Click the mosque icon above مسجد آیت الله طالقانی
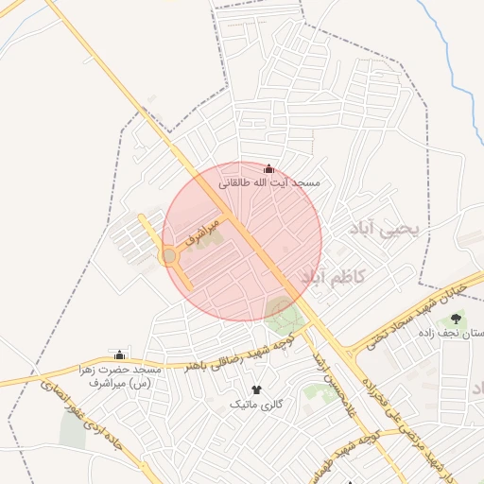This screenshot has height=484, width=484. [x=268, y=168]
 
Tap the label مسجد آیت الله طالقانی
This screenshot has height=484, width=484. [x=269, y=181]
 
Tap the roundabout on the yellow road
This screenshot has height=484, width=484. [x=169, y=256]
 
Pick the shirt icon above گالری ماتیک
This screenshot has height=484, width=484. [x=256, y=389]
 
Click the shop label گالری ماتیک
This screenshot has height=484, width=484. [x=256, y=404]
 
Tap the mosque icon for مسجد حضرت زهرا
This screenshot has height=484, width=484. [x=119, y=354]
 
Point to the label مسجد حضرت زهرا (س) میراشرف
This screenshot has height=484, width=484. [x=121, y=375]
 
